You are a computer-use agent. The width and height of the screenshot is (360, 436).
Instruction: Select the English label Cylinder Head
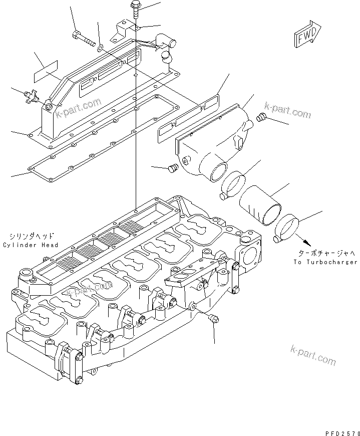click(30, 245)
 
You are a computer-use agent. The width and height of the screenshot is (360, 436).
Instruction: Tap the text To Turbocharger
click(325, 262)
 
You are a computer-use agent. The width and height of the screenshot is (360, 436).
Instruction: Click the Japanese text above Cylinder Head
click(31, 236)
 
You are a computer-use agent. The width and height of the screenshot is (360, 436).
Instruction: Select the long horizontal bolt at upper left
click(84, 38)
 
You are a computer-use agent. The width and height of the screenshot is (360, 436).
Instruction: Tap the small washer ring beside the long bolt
click(100, 48)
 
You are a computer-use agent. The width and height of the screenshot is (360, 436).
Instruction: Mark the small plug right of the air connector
click(260, 118)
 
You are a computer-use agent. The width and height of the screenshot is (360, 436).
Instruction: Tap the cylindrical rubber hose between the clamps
click(260, 202)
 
